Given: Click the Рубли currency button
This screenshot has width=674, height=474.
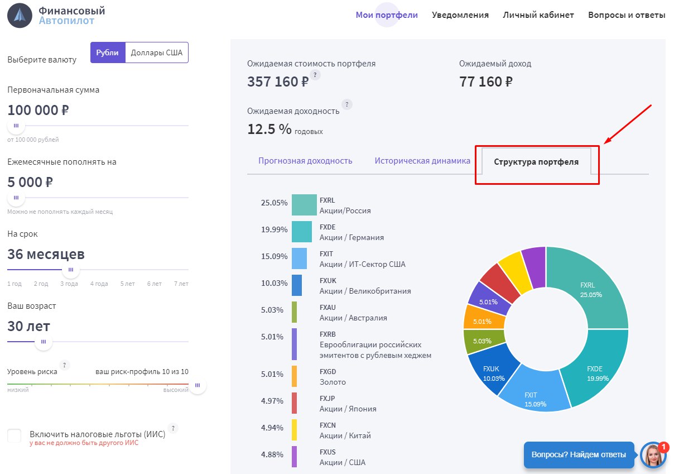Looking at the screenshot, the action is pyautogui.click(x=108, y=52).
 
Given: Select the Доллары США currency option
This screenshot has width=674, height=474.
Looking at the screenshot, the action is pyautogui.click(x=156, y=52).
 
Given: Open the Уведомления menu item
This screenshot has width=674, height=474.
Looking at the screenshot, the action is pyautogui.click(x=460, y=15).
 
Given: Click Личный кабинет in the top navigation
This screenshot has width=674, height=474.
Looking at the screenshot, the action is pyautogui.click(x=538, y=15).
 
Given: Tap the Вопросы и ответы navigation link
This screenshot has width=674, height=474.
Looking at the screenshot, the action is pyautogui.click(x=627, y=15).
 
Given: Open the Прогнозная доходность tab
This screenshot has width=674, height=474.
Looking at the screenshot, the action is pyautogui.click(x=305, y=160).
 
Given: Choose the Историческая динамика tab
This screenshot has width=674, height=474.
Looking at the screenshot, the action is pyautogui.click(x=422, y=160).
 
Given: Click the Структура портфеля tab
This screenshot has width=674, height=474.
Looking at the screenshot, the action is pyautogui.click(x=536, y=162).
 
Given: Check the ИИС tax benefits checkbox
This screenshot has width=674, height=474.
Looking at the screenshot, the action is pyautogui.click(x=14, y=435).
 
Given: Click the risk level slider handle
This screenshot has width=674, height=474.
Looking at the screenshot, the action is pyautogui.click(x=198, y=385).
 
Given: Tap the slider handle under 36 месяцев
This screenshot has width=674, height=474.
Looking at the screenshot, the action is pyautogui.click(x=71, y=270).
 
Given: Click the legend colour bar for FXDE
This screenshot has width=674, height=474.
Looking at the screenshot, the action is pyautogui.click(x=302, y=232).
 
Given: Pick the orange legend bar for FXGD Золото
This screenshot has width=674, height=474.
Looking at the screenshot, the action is pyautogui.click(x=294, y=376).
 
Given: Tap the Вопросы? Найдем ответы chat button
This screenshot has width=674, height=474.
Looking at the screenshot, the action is pyautogui.click(x=579, y=454).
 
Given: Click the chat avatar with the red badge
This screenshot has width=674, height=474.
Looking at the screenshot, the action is pyautogui.click(x=653, y=454).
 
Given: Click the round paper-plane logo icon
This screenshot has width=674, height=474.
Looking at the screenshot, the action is pyautogui.click(x=20, y=16).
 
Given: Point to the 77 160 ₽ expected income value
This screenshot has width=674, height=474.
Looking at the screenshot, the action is pyautogui.click(x=485, y=82).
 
